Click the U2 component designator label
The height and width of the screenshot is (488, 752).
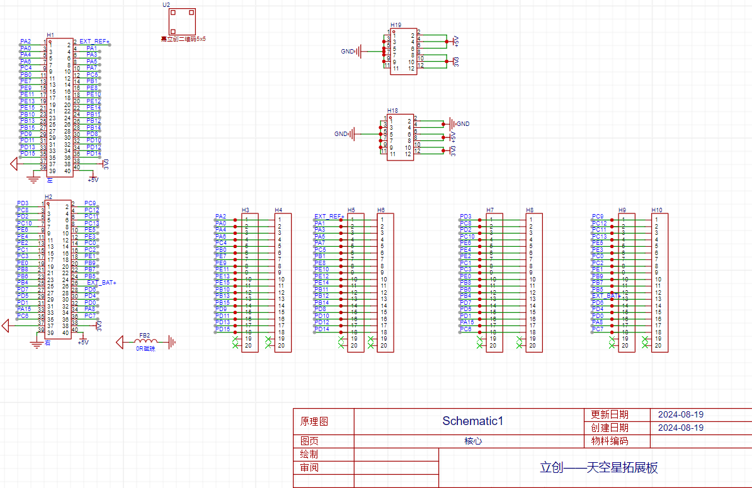(x=166, y=4)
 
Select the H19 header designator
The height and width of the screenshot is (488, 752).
(x=396, y=25)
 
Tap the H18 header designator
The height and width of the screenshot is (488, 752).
(x=392, y=110)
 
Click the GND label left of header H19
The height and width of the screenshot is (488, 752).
(x=347, y=51)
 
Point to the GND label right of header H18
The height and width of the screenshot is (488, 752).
(x=463, y=123)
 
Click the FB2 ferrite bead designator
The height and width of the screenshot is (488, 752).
(x=144, y=335)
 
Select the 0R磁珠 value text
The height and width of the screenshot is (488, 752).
(x=145, y=348)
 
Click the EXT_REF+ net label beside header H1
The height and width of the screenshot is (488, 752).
(x=94, y=42)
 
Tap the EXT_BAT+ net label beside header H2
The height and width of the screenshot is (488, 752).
(x=101, y=283)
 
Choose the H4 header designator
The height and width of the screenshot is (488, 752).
(x=278, y=210)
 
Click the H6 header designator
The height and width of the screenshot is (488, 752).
(x=381, y=210)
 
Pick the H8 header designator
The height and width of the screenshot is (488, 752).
(x=530, y=210)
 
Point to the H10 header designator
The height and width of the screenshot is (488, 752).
(x=657, y=210)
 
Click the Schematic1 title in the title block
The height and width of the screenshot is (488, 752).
(x=472, y=421)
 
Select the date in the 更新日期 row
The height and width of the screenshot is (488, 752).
(x=681, y=415)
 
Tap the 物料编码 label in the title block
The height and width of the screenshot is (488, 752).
(x=610, y=441)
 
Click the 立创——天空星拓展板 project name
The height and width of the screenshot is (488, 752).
(x=598, y=468)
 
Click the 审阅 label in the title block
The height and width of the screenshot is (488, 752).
(x=309, y=467)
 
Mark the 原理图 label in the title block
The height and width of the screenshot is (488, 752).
(x=314, y=421)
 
